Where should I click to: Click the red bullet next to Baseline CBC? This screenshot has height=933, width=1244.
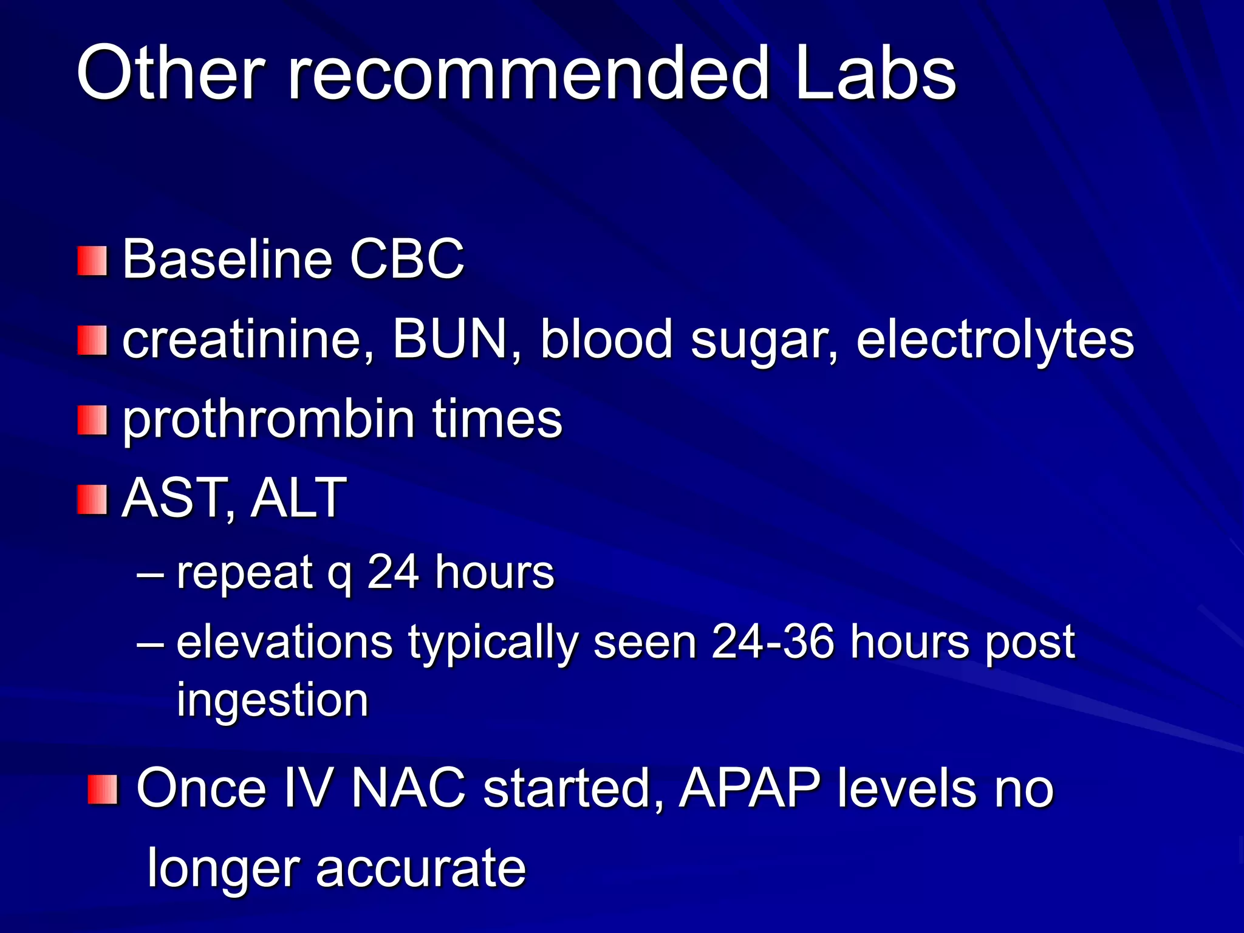pos(92,261)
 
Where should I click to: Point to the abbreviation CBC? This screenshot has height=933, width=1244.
pos(406,260)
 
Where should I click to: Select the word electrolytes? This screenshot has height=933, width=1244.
pos(995,340)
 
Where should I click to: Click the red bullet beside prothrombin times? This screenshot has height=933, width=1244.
pos(92,420)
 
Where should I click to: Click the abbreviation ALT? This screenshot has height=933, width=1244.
pos(298,498)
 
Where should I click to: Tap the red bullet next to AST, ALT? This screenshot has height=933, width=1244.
pos(92,499)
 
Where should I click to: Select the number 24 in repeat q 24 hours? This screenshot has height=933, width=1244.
pos(393,572)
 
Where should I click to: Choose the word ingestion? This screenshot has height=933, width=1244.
pos(272,700)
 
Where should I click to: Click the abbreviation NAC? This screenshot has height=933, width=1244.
pos(408,788)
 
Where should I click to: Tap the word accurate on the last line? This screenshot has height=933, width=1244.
pos(420,867)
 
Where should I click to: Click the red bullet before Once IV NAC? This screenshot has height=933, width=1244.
pos(102,790)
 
